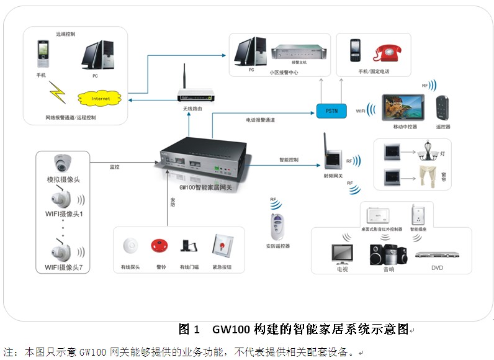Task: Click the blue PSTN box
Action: coord(331,110)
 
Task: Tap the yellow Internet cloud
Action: coord(100,98)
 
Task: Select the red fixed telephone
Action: coord(389,53)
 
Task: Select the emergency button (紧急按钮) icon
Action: coord(220,245)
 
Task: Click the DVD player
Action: coord(437,254)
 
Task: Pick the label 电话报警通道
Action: coord(260,119)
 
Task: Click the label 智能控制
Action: coord(289,160)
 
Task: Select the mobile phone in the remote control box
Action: coord(43,55)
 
